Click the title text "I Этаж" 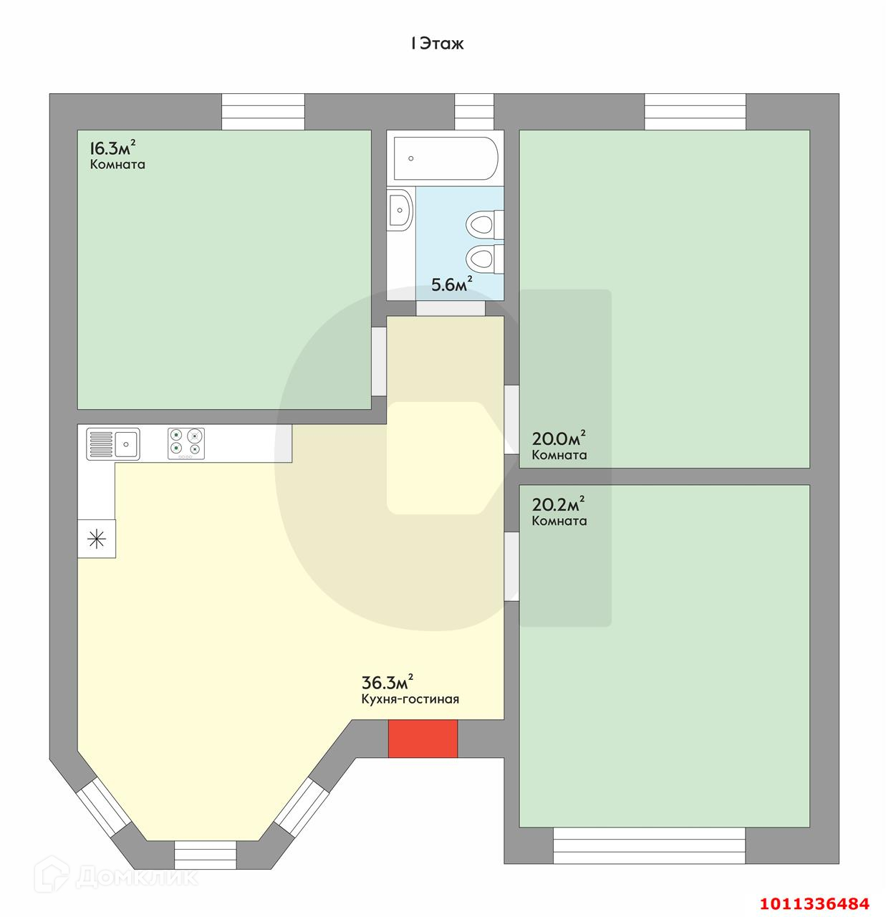[x=437, y=44]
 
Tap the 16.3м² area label [x=112, y=149]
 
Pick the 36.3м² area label [x=387, y=681]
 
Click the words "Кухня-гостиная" [x=410, y=699]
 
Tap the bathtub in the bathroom [x=444, y=158]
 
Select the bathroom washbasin [x=400, y=209]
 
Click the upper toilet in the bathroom [x=483, y=223]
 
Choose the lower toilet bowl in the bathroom [x=483, y=258]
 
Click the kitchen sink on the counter [x=113, y=443]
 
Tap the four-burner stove [x=186, y=443]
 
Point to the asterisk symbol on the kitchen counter [x=97, y=538]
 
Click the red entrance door [x=423, y=739]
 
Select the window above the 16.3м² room [x=263, y=112]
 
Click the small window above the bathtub [x=474, y=112]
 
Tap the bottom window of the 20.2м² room [x=649, y=845]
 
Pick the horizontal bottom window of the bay [x=206, y=854]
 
